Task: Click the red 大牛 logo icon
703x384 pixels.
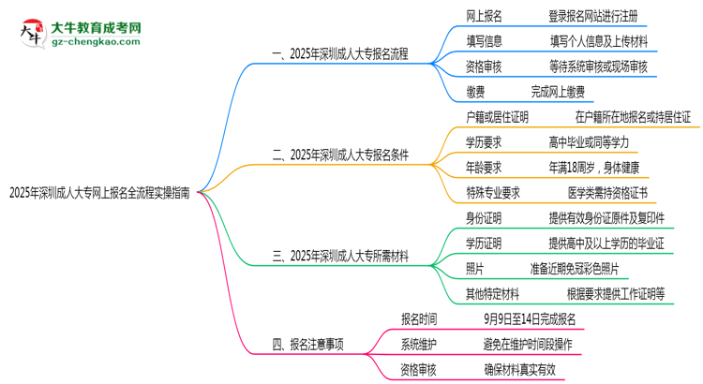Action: click(x=33, y=33)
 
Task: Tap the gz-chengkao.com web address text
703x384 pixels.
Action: click(x=96, y=41)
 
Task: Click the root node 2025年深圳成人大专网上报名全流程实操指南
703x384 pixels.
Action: click(x=99, y=193)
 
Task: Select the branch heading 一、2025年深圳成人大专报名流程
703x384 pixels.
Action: click(x=340, y=54)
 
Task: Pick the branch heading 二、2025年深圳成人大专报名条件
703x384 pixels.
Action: click(x=340, y=155)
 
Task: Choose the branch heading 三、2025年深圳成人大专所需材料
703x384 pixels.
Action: click(x=340, y=257)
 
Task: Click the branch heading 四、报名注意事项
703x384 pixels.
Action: click(x=307, y=345)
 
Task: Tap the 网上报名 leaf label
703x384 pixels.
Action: click(x=485, y=17)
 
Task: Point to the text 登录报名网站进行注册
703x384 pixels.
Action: click(x=593, y=17)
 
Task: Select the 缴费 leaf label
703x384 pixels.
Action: click(x=475, y=92)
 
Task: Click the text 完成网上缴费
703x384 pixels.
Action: click(x=558, y=92)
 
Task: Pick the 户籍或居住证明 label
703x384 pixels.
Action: click(x=497, y=117)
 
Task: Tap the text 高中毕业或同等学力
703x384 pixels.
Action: click(x=589, y=142)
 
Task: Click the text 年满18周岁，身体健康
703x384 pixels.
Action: click(x=594, y=168)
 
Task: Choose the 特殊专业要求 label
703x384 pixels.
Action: click(x=493, y=193)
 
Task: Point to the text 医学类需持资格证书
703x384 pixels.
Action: click(x=607, y=193)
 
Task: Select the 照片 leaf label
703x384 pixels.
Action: click(x=475, y=269)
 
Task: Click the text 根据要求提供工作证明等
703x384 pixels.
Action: click(x=616, y=294)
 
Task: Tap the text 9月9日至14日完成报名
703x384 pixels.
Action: click(x=530, y=319)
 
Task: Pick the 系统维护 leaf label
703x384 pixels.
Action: click(x=418, y=345)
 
